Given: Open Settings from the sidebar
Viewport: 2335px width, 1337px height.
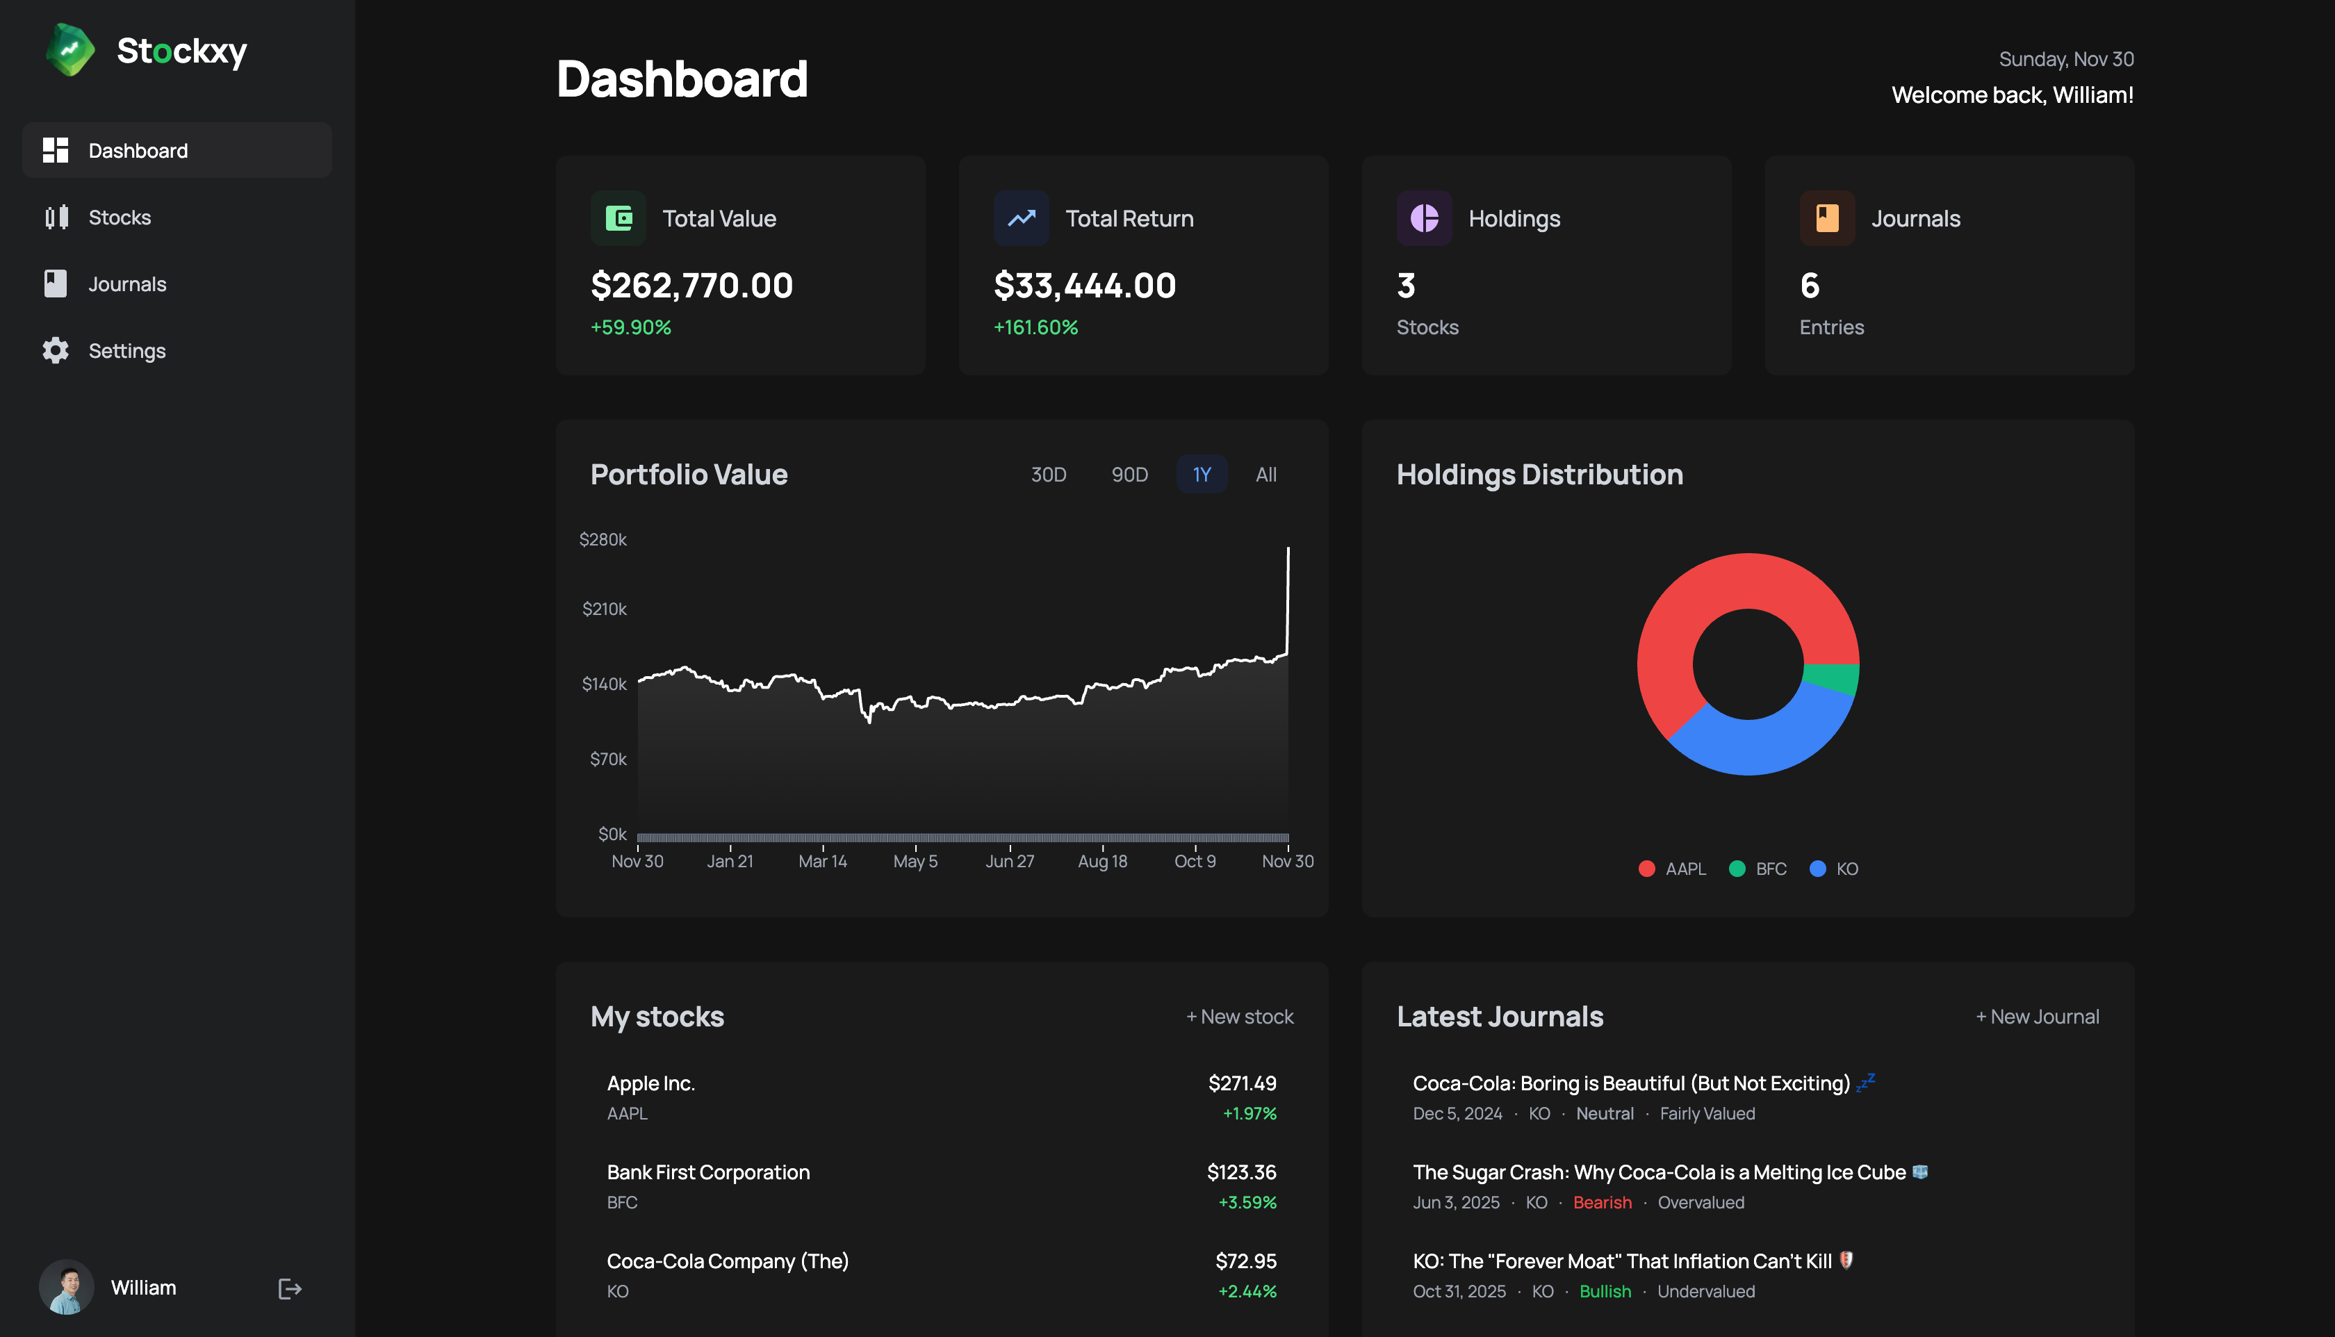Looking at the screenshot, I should pos(126,351).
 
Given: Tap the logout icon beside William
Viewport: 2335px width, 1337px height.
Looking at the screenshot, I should pos(289,1289).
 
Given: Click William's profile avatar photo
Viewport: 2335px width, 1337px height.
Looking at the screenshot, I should pos(66,1288).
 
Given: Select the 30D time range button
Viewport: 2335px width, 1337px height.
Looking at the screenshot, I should pos(1048,475).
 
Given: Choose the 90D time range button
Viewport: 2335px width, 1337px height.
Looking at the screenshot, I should pos(1129,475).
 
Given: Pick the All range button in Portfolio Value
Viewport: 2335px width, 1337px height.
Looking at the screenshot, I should pos(1265,475).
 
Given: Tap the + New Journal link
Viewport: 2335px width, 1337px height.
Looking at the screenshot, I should pos(2037,1017).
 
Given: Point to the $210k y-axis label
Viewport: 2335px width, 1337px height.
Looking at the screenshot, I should pos(604,609).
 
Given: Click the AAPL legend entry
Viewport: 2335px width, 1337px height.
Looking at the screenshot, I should pos(1672,869).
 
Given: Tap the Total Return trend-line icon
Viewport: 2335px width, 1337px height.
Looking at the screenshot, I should pos(1021,218).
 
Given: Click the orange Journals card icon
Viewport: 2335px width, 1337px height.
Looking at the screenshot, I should pos(1826,218).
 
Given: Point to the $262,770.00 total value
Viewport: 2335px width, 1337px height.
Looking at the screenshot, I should pos(691,286).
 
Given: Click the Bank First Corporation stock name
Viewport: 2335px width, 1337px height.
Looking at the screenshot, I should pos(708,1172).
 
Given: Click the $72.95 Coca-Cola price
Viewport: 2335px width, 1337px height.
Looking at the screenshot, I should pos(1245,1262).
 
